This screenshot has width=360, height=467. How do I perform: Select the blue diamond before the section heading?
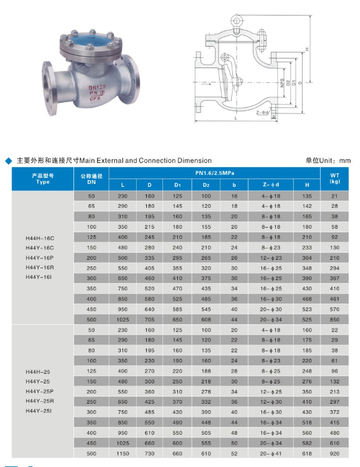[x=8, y=161]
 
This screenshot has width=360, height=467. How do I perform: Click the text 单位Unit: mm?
[x=328, y=160]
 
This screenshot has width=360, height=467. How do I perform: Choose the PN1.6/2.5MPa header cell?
[x=214, y=173]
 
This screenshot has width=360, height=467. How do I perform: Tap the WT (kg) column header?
[x=334, y=178]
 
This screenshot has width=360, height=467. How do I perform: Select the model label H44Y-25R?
[x=40, y=401]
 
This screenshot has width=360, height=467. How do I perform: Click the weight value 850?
[x=334, y=319]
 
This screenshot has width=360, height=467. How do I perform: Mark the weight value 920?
[x=334, y=454]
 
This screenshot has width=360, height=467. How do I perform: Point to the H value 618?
[x=306, y=454]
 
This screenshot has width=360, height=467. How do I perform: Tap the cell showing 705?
[x=150, y=319]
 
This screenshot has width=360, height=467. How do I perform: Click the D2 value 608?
[x=206, y=319]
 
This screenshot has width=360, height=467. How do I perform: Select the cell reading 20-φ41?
[x=270, y=454]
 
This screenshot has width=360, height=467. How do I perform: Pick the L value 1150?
[x=123, y=454]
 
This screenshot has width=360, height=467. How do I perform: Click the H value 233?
[x=306, y=247]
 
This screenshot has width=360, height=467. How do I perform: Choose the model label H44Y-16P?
[x=40, y=257]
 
